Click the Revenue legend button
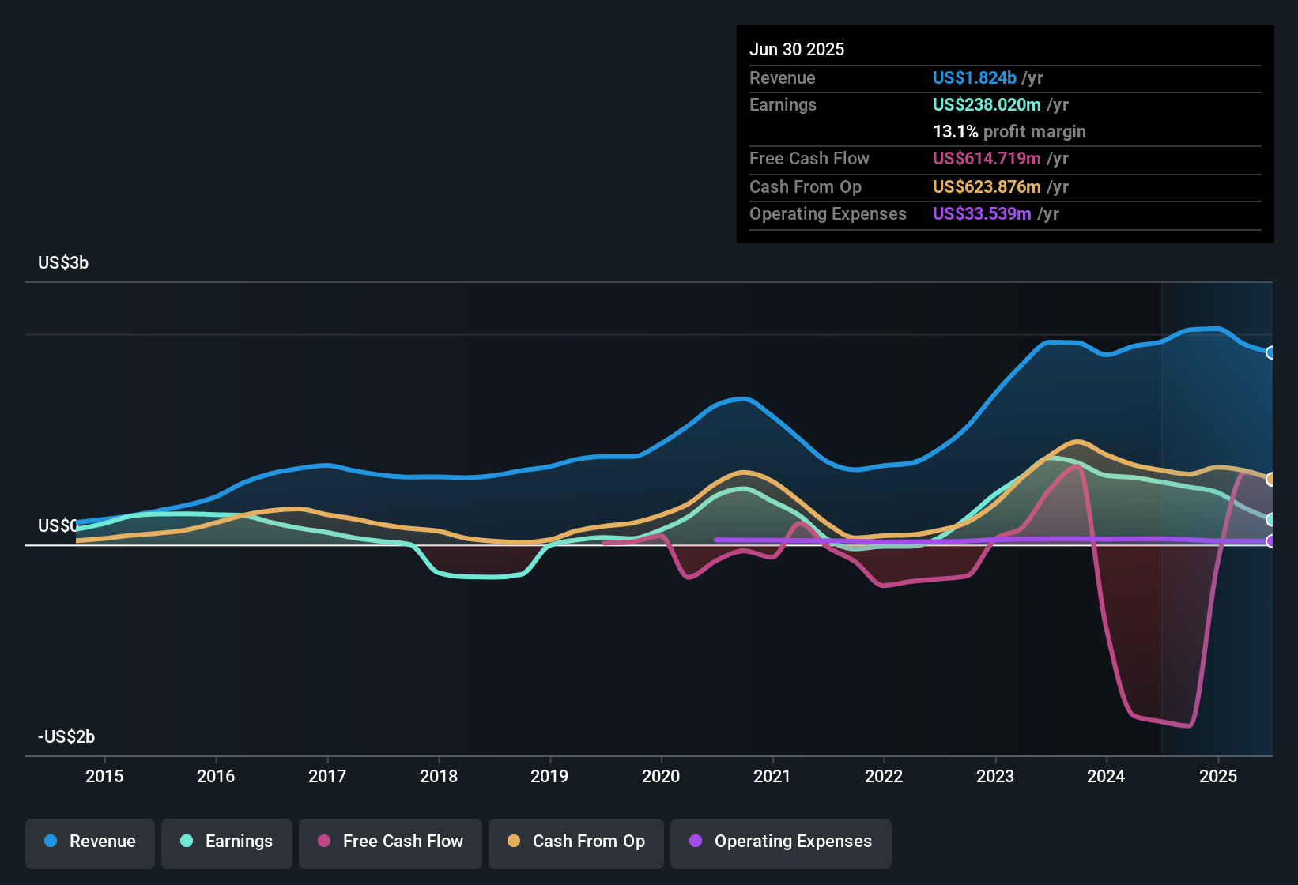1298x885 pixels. click(x=90, y=842)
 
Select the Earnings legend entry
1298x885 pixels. click(x=227, y=842)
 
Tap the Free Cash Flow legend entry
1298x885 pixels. click(x=391, y=842)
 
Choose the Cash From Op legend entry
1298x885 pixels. click(x=576, y=842)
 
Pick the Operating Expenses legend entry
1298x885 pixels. click(x=781, y=842)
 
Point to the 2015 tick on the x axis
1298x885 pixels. click(x=104, y=776)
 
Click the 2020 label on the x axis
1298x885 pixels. click(x=661, y=776)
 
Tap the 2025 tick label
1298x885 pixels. click(x=1217, y=776)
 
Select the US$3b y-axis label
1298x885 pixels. click(x=63, y=263)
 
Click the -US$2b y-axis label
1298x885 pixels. click(x=66, y=737)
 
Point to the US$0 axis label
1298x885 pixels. click(x=58, y=526)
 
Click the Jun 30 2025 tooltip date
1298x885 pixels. click(x=797, y=50)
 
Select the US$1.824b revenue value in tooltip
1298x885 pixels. click(x=974, y=78)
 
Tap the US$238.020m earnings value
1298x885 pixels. click(x=986, y=105)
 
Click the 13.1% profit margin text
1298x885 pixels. click(x=1009, y=132)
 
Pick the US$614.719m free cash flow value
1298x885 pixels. click(x=986, y=159)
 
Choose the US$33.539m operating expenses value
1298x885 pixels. click(x=981, y=214)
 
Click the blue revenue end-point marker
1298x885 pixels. click(x=1270, y=352)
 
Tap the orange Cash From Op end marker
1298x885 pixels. click(x=1270, y=479)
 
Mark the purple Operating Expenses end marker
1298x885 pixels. click(x=1270, y=541)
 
